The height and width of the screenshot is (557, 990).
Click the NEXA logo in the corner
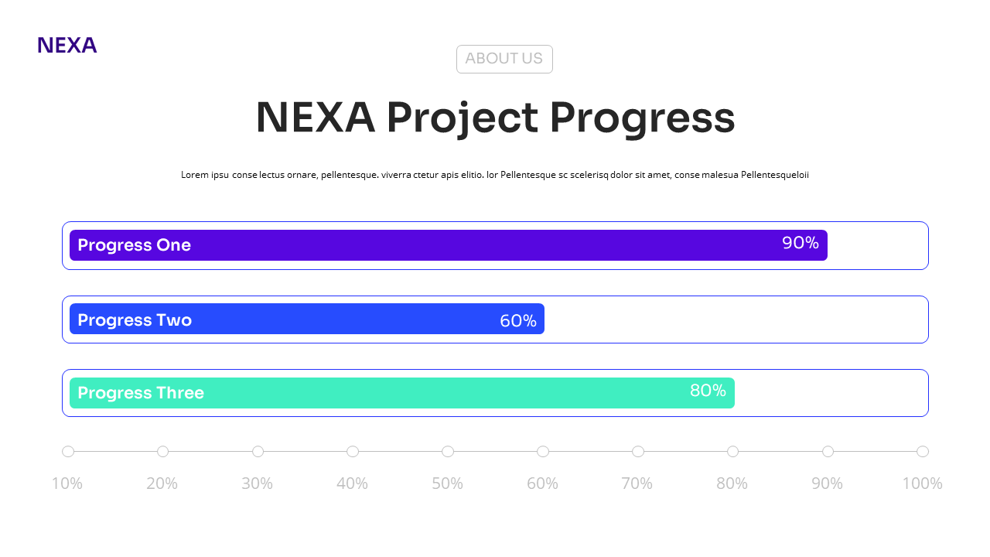(67, 46)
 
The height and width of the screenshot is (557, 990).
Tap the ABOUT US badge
(504, 59)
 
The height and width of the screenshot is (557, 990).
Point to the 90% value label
(800, 243)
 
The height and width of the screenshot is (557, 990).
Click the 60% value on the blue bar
(518, 321)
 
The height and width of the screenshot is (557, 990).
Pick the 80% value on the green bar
(708, 391)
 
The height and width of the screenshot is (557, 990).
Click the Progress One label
(134, 245)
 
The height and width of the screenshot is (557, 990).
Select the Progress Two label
(135, 320)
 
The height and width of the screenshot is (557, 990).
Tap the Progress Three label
(141, 393)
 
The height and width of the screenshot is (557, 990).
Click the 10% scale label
(67, 484)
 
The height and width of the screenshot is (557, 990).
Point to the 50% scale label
(447, 484)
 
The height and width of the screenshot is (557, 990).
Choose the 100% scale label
(922, 484)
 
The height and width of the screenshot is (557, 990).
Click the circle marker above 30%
(258, 452)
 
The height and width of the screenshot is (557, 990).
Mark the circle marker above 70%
(638, 452)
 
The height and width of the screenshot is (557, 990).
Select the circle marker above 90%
(828, 452)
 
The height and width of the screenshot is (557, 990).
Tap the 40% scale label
(352, 484)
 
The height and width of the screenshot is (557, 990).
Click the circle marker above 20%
(162, 452)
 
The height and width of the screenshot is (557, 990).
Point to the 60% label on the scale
(542, 484)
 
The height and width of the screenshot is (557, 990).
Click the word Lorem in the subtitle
(194, 175)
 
